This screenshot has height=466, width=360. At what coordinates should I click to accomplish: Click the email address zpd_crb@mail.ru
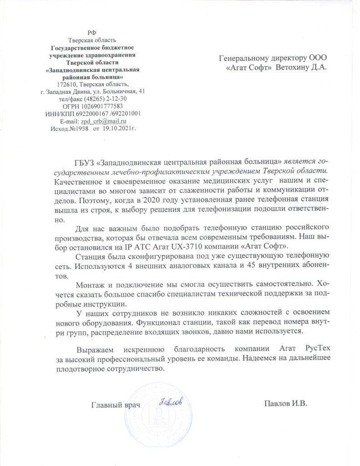click(x=103, y=121)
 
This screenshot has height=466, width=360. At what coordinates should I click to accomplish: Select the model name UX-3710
click(x=192, y=246)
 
